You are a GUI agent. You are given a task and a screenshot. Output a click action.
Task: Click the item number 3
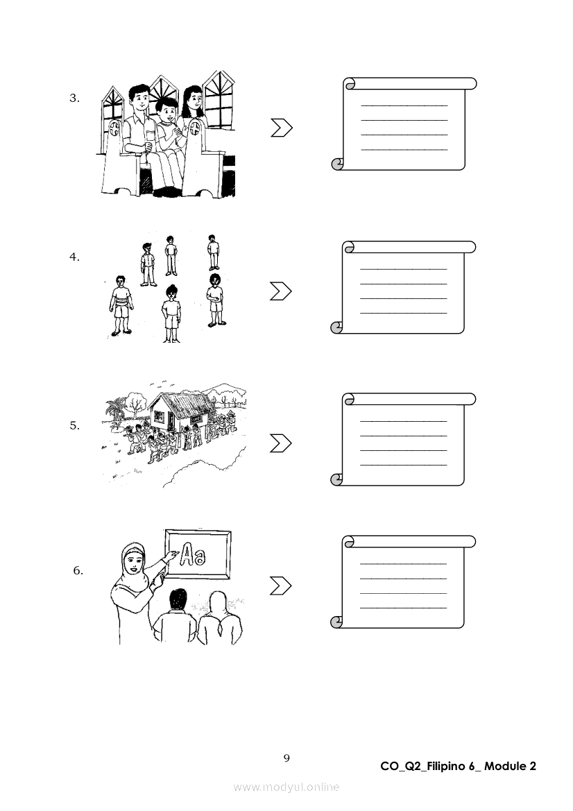pos(74,99)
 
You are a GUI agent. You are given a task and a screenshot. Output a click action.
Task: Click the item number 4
pos(74,257)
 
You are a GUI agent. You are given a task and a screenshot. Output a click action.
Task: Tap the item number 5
pos(74,426)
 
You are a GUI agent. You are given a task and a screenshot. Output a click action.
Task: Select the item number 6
pos(78,571)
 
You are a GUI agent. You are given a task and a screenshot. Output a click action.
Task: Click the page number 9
pos(286,758)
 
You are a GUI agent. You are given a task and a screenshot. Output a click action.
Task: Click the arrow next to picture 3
pos(281,128)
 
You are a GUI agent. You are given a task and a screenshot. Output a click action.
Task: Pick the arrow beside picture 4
pos(280,291)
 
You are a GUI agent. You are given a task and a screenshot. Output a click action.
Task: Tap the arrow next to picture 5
pos(280,443)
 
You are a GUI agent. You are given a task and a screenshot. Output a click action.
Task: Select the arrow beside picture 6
pos(280,586)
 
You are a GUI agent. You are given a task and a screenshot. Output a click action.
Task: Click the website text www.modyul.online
pos(286,787)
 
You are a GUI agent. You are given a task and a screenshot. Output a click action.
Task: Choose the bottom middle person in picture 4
pos(171,312)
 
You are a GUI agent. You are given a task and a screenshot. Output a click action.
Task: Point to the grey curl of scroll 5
pos(337,479)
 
